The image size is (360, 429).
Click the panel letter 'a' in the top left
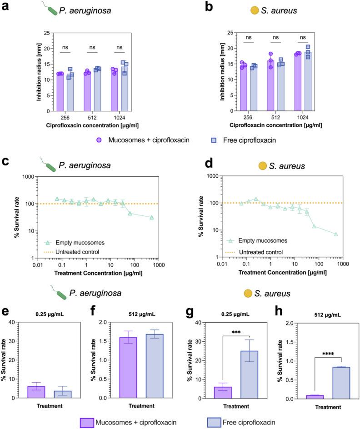coord(6,7)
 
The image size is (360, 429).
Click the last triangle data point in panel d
coord(336,234)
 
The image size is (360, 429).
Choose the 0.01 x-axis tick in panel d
coord(221,264)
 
